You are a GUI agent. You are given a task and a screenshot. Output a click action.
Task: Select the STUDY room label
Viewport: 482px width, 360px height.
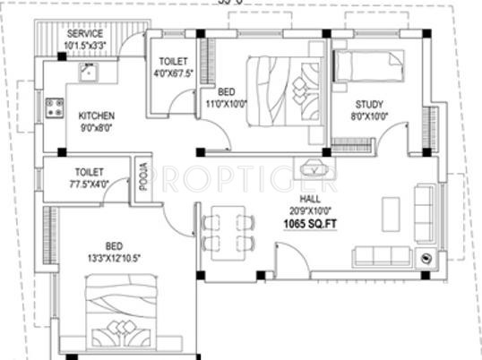coord(368,104)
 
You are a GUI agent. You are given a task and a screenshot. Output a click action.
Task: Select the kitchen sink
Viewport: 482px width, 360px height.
coord(88,72)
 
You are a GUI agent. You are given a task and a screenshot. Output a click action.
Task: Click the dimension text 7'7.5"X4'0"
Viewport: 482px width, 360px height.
coord(90,184)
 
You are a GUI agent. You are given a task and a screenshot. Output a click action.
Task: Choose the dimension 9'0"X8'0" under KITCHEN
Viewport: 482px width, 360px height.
coord(97,129)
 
